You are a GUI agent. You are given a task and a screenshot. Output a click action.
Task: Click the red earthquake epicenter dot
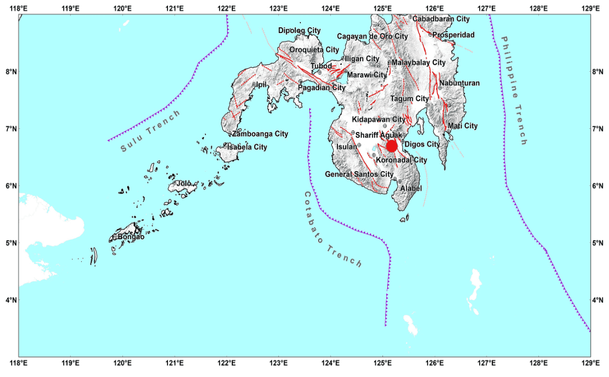[x=391, y=146]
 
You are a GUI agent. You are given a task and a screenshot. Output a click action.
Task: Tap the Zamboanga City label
[x=260, y=134]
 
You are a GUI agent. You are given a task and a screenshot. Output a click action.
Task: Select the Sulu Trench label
[x=150, y=131]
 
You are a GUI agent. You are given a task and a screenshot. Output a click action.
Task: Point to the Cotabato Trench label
[x=332, y=229]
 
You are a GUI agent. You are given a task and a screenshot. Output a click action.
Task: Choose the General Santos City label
[x=359, y=174]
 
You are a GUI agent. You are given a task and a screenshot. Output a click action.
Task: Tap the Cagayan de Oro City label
[x=372, y=37]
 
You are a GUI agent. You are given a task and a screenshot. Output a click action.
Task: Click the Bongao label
[x=131, y=237]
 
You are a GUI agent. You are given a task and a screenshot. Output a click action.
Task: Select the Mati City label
[x=463, y=126]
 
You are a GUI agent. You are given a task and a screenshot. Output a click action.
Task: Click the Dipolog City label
[x=299, y=30]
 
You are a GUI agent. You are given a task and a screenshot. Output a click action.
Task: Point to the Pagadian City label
[x=321, y=88]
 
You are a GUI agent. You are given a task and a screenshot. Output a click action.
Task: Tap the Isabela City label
[x=246, y=147]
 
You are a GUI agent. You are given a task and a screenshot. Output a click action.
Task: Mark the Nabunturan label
[x=459, y=83]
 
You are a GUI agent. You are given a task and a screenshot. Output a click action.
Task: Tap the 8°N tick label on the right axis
[x=599, y=72]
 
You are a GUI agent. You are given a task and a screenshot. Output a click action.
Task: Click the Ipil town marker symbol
[x=254, y=84]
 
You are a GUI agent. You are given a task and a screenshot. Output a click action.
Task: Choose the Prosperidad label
[x=454, y=35]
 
